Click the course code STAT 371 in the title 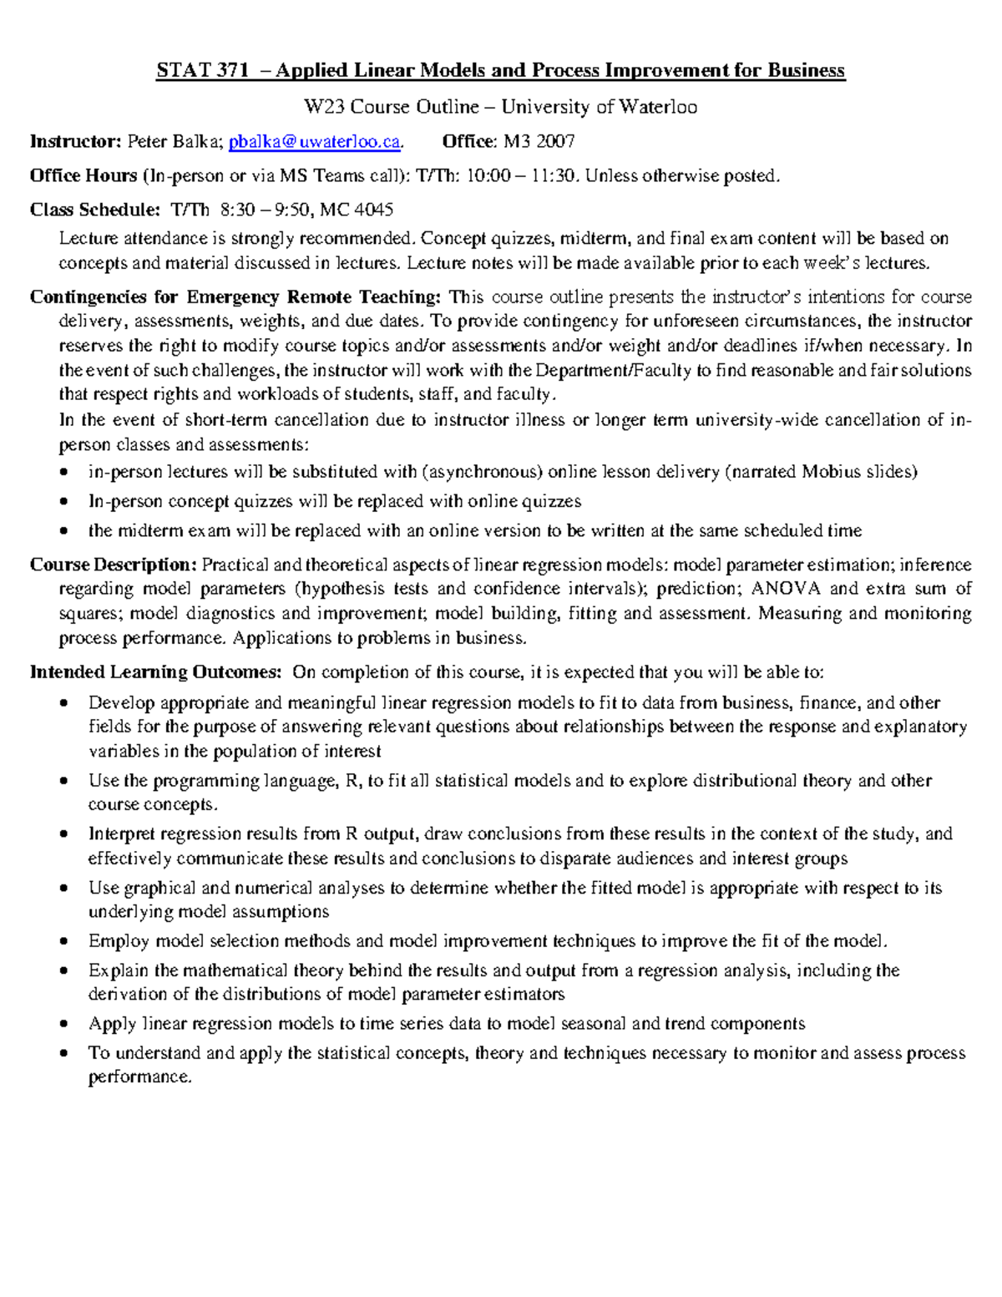tap(202, 70)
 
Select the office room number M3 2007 tap(539, 142)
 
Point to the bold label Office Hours tap(83, 175)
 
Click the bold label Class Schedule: tap(94, 210)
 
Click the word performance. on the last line tap(140, 1077)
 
